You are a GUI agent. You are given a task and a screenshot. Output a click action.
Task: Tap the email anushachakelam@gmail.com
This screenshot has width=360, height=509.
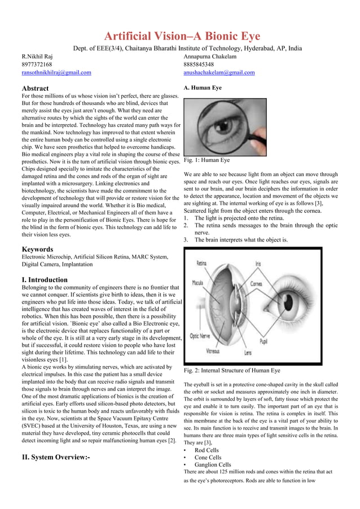click(219, 73)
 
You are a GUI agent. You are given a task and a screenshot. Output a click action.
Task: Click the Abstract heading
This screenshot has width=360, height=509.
click(35, 89)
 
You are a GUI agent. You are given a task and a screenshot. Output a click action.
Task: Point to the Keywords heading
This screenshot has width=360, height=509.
click(37, 249)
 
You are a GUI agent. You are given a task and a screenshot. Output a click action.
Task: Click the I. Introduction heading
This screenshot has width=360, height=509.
click(45, 280)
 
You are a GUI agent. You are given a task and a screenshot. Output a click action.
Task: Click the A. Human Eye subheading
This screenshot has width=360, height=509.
click(203, 88)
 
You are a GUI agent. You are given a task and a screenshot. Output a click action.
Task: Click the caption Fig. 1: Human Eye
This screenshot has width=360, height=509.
click(207, 160)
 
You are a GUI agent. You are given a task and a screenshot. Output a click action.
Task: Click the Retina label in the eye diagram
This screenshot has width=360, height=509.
click(201, 263)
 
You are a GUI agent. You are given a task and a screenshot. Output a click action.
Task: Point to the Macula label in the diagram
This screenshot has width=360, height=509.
click(197, 282)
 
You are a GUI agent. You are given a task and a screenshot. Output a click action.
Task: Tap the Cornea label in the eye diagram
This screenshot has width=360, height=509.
click(256, 284)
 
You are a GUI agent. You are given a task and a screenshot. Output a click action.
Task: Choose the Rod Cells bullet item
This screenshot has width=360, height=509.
click(207, 450)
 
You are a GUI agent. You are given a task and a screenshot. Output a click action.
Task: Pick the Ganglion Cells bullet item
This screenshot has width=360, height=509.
click(213, 465)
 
